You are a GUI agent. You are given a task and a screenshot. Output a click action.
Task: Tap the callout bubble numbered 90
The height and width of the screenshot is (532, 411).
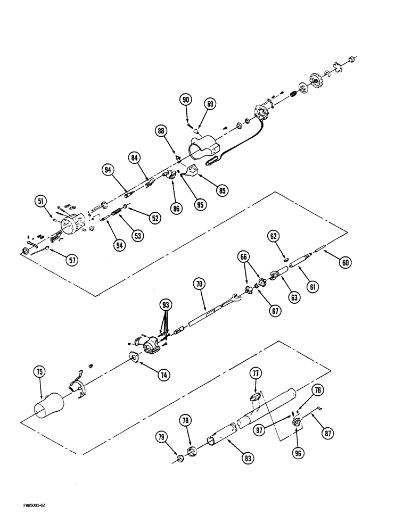[x=186, y=99]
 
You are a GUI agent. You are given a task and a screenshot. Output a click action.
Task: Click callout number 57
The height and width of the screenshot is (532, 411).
[x=71, y=260]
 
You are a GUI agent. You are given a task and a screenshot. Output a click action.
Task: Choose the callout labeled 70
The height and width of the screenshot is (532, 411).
[x=199, y=285]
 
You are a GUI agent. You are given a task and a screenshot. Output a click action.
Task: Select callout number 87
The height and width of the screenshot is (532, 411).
[x=328, y=434]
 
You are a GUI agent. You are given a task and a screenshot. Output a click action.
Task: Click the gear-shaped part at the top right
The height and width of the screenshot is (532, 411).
[x=318, y=82]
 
